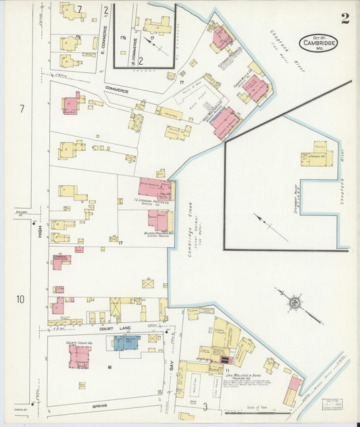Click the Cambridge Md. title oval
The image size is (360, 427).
(318, 43)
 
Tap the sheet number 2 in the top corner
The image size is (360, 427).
(345, 18)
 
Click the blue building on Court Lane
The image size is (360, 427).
(126, 343)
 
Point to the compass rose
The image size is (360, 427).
(294, 303)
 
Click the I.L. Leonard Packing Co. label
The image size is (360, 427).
(155, 201)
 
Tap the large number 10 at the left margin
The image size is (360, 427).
(21, 299)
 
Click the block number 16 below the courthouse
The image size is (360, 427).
(109, 368)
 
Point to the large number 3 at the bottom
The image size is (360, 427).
(205, 406)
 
